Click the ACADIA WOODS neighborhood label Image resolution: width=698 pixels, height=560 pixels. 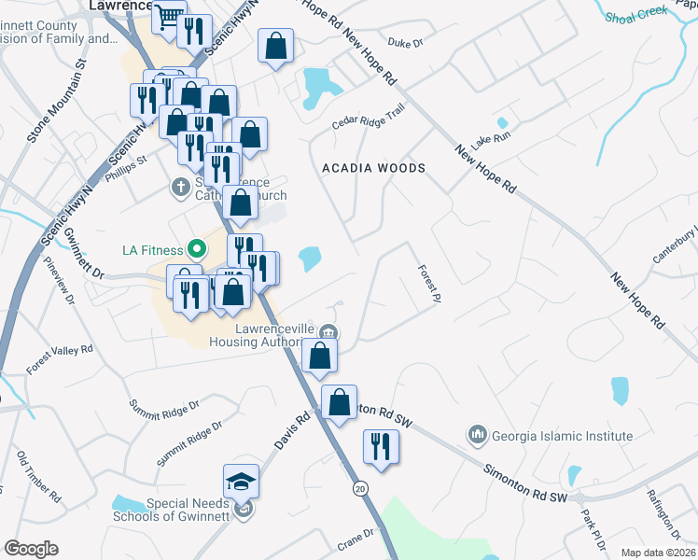(373, 168)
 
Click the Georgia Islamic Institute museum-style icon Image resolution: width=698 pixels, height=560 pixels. (478, 435)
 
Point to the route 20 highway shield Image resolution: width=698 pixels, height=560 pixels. (359, 488)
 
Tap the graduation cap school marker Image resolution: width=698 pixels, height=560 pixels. (241, 482)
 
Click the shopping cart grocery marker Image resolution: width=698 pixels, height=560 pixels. (169, 17)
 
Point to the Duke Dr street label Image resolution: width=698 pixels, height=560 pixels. (405, 43)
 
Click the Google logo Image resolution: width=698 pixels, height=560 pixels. (31, 549)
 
